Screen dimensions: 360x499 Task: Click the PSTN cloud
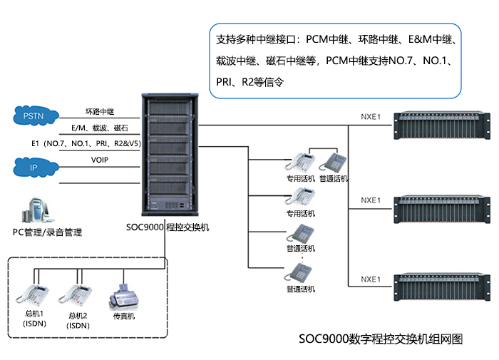pyautogui.click(x=34, y=115)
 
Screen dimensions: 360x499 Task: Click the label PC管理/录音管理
pyautogui.click(x=47, y=232)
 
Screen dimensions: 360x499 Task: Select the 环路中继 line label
pyautogui.click(x=100, y=111)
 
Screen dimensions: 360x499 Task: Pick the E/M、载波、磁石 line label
pyautogui.click(x=100, y=128)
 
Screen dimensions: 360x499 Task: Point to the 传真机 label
pyautogui.click(x=123, y=317)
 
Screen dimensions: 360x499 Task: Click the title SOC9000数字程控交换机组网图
pyautogui.click(x=381, y=339)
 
